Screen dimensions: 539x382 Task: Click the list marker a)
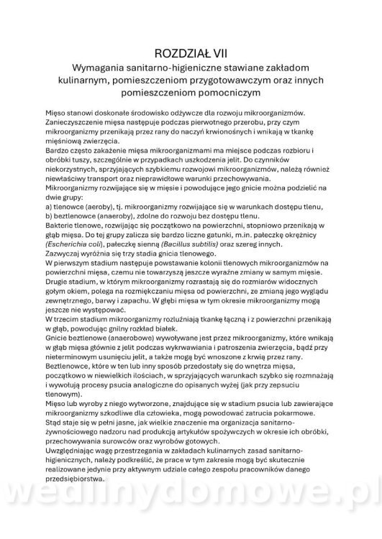[x=51, y=205]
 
